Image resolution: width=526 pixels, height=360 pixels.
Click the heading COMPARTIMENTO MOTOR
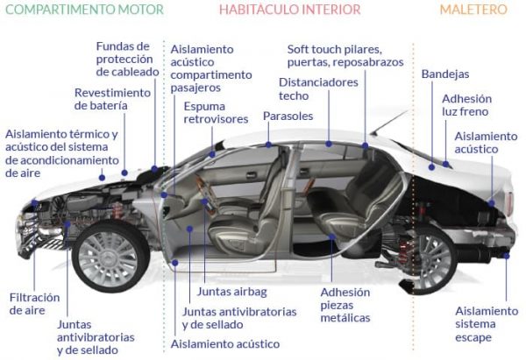coord(82,10)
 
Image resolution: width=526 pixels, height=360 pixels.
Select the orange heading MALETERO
coord(473,10)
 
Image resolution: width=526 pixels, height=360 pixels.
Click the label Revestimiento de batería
coord(113,98)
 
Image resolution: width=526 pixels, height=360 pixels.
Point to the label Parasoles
coord(288,116)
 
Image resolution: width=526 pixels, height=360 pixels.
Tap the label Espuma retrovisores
coord(217,113)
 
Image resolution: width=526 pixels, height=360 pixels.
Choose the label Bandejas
coord(444,74)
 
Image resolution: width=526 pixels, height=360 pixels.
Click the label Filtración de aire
coord(35,303)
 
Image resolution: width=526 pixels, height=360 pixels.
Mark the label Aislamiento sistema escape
coord(486,324)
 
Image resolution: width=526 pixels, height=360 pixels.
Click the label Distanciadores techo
coord(318,88)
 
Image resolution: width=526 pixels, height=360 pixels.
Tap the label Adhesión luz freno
coord(466,105)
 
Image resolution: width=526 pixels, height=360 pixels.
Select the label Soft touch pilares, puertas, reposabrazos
coord(345,55)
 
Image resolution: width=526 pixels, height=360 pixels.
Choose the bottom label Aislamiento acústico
coord(225,344)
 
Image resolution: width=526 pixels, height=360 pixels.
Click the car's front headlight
coord(35,207)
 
